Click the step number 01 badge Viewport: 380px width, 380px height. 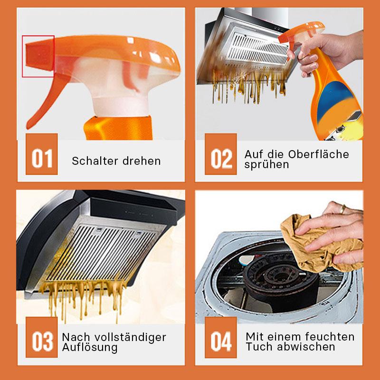tap(41, 159)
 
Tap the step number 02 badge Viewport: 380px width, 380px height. tap(220, 159)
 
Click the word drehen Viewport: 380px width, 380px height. tap(142, 161)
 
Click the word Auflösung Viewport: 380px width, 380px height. tap(89, 348)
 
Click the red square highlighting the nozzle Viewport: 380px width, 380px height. tap(38, 56)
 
